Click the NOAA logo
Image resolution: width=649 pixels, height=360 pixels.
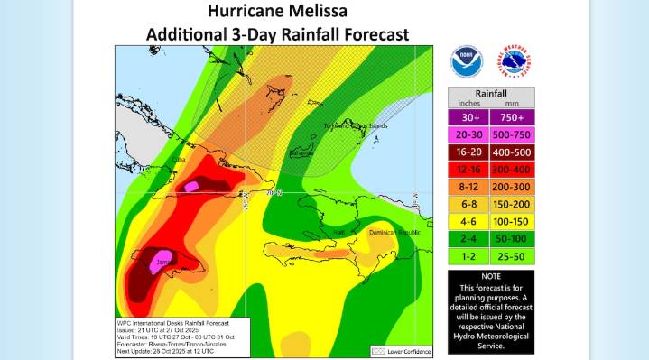pos(467,62)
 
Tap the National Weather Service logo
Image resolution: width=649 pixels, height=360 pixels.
pos(515,62)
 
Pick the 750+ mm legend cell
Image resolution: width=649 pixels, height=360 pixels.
pos(513,117)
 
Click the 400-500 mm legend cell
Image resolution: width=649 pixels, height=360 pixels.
pos(513,152)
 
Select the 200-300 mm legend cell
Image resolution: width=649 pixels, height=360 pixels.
pos(513,186)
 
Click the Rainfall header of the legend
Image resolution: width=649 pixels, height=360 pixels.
pos(491,93)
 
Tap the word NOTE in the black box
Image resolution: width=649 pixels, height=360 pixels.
pos(491,276)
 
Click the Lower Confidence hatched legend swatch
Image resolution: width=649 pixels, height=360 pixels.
pos(380,348)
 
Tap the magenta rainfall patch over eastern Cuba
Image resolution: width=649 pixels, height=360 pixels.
pos(190,187)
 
